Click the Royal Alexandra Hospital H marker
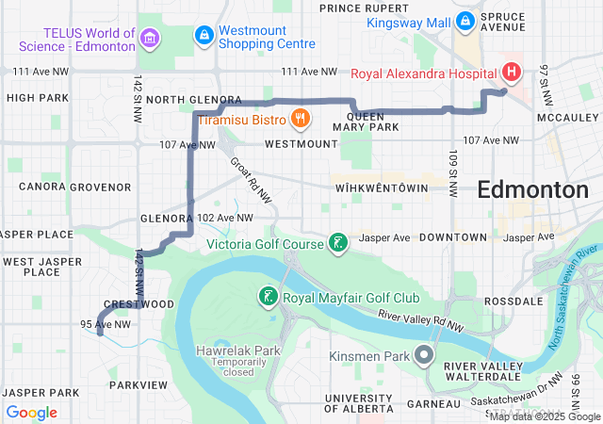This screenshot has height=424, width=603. point(511,72)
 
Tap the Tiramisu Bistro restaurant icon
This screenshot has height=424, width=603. point(301,118)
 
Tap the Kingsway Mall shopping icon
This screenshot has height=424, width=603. point(464,21)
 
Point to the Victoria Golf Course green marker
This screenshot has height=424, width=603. point(337,244)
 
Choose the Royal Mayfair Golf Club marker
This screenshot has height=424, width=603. point(269,298)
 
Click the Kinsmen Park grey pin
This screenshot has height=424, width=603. point(423,356)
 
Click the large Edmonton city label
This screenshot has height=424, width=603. point(532,189)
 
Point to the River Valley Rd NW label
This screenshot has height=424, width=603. point(425,320)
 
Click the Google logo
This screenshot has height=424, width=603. point(32,413)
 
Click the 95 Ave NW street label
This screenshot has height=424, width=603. point(105,324)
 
